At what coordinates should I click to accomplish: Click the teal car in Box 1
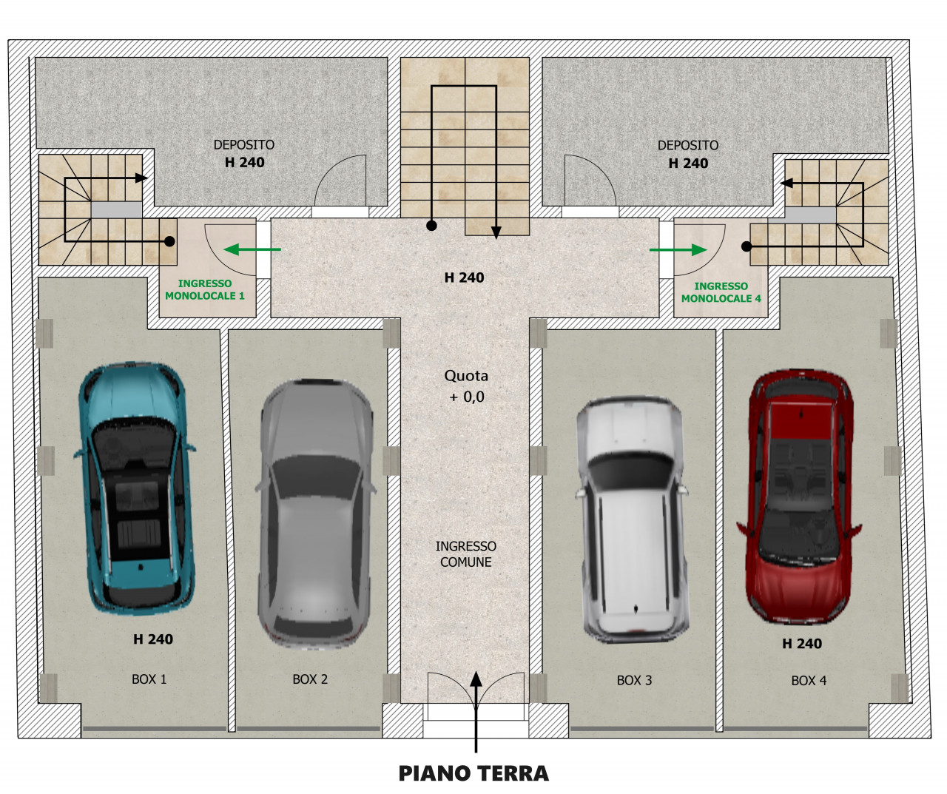pyautogui.click(x=135, y=488)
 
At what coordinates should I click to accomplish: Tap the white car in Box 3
pyautogui.click(x=633, y=520)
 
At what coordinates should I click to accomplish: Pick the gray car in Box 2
pyautogui.click(x=316, y=514)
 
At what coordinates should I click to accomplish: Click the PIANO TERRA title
pyautogui.click(x=473, y=773)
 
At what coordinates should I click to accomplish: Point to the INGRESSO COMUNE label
pyautogui.click(x=466, y=554)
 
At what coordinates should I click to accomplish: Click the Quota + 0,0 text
pyautogui.click(x=466, y=386)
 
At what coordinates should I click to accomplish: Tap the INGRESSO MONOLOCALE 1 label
pyautogui.click(x=204, y=289)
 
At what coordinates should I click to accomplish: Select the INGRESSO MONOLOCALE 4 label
pyautogui.click(x=721, y=292)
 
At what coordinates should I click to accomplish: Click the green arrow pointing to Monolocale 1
pyautogui.click(x=252, y=249)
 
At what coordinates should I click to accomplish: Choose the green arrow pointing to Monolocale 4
pyautogui.click(x=678, y=249)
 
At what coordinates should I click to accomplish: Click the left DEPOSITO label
pyautogui.click(x=244, y=145)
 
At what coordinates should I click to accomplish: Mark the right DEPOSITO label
pyautogui.click(x=688, y=145)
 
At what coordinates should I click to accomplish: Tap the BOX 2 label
pyautogui.click(x=310, y=679)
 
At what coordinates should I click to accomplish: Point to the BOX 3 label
pyautogui.click(x=634, y=680)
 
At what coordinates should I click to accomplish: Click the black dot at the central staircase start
pyautogui.click(x=431, y=225)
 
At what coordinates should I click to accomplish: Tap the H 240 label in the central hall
pyautogui.click(x=464, y=277)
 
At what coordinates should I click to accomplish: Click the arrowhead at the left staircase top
pyautogui.click(x=142, y=178)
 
